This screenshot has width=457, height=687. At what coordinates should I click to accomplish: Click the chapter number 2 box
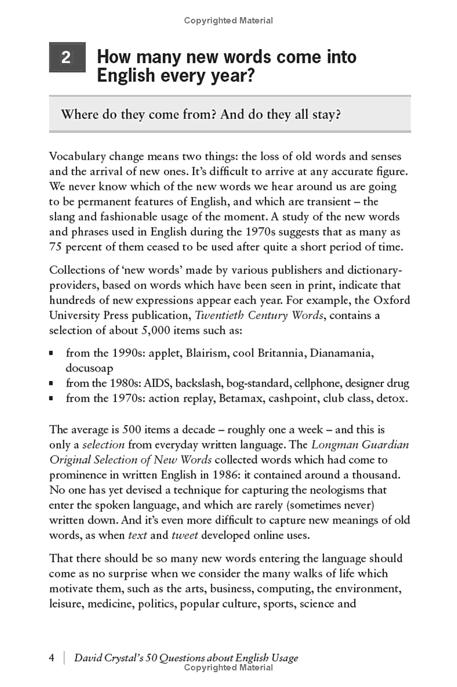pyautogui.click(x=67, y=57)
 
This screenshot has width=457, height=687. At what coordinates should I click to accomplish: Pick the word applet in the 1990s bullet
pyautogui.click(x=166, y=353)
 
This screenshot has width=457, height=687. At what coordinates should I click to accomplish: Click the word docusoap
pyautogui.click(x=89, y=368)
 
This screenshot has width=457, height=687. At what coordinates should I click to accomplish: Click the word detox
pyautogui.click(x=394, y=398)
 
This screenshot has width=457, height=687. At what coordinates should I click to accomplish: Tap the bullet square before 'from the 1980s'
pyautogui.click(x=52, y=384)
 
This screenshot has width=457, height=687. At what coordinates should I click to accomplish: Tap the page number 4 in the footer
pyautogui.click(x=52, y=658)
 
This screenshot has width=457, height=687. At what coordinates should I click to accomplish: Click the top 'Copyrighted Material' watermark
pyautogui.click(x=228, y=21)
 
